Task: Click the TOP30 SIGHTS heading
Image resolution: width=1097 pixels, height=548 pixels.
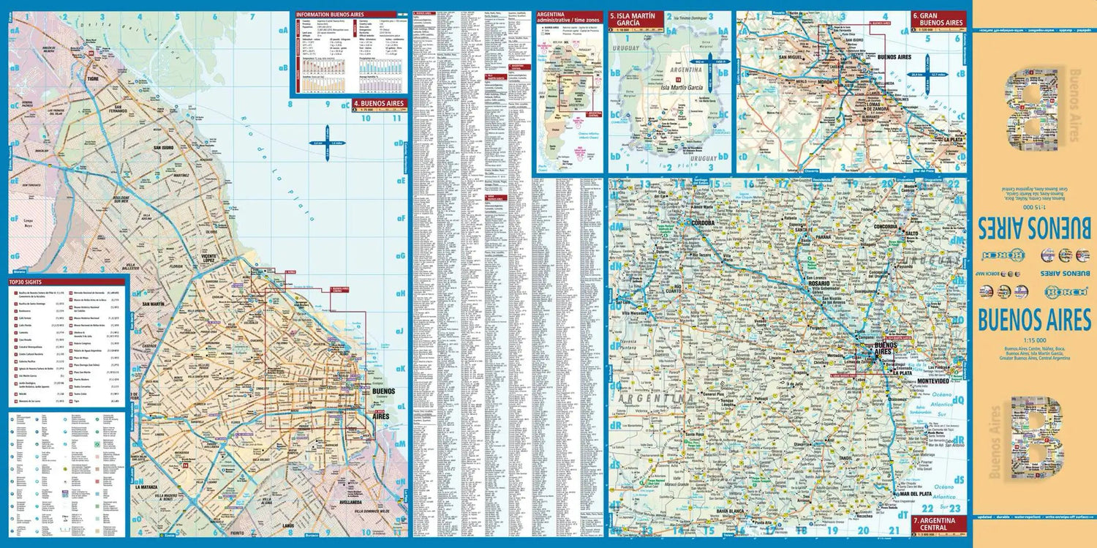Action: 31,282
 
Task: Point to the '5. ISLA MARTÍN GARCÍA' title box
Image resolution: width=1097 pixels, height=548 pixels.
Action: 636,20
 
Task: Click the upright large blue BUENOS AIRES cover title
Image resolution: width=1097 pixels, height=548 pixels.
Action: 1033,320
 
